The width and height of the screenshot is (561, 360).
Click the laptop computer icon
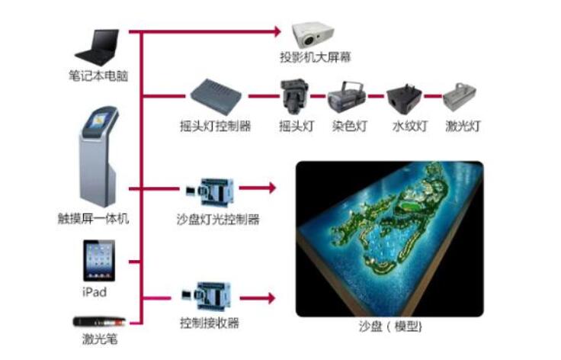coord(98,47)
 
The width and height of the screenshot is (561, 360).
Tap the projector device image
coord(313,36)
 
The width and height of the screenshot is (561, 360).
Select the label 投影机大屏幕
coord(316,57)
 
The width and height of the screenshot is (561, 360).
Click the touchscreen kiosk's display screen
coord(99,121)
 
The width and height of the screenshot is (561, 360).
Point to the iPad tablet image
coord(99,261)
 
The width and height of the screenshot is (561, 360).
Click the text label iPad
coord(95,292)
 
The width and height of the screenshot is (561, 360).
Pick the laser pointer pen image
coord(100,322)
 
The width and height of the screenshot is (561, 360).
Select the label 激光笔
coord(100,339)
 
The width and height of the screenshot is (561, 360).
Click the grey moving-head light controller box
coord(216,97)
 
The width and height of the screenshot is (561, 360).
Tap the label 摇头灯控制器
coord(216,126)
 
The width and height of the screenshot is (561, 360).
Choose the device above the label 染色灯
coord(347,95)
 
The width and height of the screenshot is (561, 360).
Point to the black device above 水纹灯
coord(404,97)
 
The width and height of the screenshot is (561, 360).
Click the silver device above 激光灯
coord(460,97)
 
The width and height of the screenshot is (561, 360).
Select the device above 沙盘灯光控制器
coord(210,191)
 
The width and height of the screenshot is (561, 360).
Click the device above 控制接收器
coord(206,296)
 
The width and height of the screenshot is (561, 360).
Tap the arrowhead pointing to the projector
coord(277,31)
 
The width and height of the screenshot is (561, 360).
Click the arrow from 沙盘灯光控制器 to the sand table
coord(257,188)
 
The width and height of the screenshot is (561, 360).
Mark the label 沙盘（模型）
coord(390,326)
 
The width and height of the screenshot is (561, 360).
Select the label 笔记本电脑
coord(98,76)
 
